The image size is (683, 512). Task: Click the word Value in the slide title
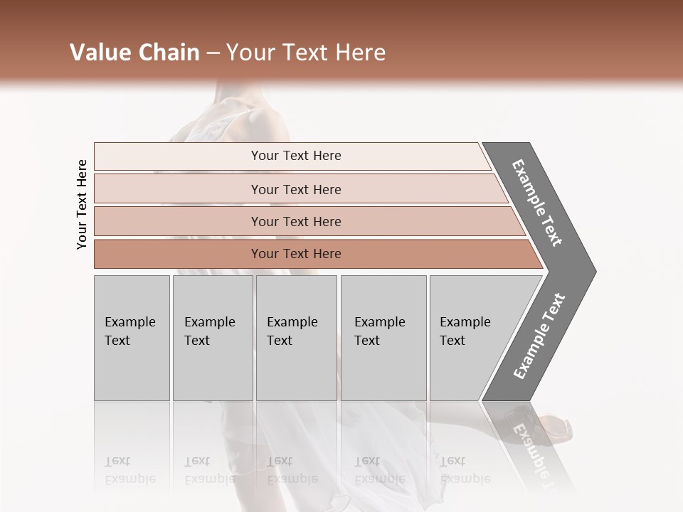tap(98, 53)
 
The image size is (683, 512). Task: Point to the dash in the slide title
tap(213, 53)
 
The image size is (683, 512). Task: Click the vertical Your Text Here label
tap(82, 204)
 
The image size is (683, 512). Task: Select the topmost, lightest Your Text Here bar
tap(295, 156)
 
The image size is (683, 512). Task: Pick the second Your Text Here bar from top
tap(295, 189)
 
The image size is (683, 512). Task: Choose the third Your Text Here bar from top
tap(295, 221)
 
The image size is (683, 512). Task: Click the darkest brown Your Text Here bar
tap(295, 254)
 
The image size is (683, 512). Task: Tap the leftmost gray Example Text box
tap(132, 338)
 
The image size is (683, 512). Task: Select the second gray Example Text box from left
tap(212, 338)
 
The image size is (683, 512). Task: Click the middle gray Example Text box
tap(296, 338)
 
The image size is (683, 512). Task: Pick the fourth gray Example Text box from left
tap(383, 338)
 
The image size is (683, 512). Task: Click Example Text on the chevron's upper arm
tap(538, 203)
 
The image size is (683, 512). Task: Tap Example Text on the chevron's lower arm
tap(539, 336)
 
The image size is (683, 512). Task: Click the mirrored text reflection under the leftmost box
tap(129, 470)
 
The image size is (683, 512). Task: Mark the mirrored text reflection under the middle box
tap(292, 470)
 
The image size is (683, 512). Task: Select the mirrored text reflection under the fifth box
tap(465, 470)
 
